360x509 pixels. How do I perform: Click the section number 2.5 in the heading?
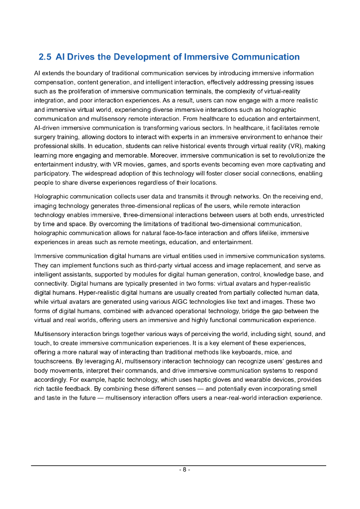point(45,57)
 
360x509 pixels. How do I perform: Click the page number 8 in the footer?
point(183,470)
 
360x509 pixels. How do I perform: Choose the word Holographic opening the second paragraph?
point(52,196)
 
